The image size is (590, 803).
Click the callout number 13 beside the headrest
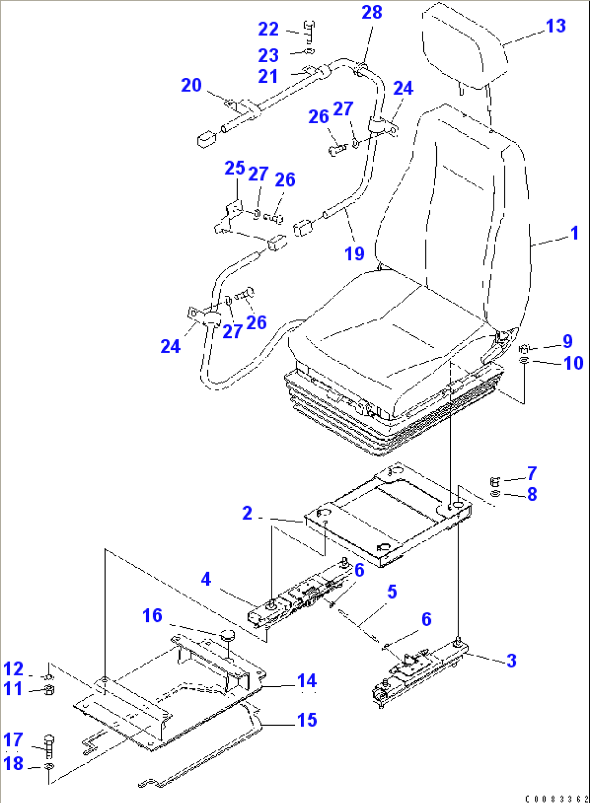pos(555,26)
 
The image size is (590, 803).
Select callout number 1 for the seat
pos(574,234)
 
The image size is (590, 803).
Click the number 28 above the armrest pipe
pos(372,12)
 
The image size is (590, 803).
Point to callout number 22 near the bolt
pos(268,29)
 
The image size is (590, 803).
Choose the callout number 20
pos(191,85)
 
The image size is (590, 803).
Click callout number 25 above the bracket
pos(235,168)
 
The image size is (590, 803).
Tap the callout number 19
pos(354,254)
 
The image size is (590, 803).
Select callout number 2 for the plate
pos(247,513)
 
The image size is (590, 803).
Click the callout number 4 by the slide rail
pos(206,579)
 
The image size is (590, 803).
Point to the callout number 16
pos(152,615)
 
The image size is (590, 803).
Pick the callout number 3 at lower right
pos(512,660)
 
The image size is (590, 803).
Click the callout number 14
pos(307,681)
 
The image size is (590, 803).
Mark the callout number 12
pos(13,669)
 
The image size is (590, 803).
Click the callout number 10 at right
pos(574,363)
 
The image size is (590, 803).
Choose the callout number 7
pos(532,473)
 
